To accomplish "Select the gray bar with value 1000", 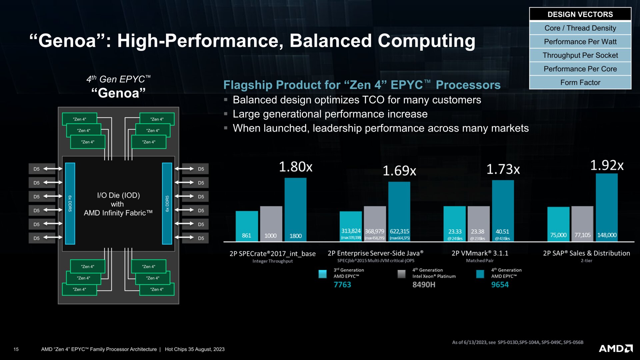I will (271, 223).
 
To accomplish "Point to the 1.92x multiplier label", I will (607, 165).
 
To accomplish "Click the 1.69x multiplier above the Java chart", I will (399, 171).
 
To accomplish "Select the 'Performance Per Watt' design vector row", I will (580, 42).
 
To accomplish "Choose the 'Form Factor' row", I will (580, 82).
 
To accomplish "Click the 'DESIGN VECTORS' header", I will (580, 14).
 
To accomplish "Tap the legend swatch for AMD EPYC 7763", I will (323, 274).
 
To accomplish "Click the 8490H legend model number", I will (424, 285).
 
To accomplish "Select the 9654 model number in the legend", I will (500, 285).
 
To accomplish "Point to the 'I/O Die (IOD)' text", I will (118, 195).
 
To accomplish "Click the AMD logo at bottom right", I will (616, 348).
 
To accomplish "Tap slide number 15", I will (16, 349).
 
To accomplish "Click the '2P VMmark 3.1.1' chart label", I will (480, 253).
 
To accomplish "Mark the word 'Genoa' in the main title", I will (67, 41).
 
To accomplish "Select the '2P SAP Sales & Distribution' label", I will (586, 253).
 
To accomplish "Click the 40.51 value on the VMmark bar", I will (502, 232).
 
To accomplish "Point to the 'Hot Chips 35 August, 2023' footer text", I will (195, 349).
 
